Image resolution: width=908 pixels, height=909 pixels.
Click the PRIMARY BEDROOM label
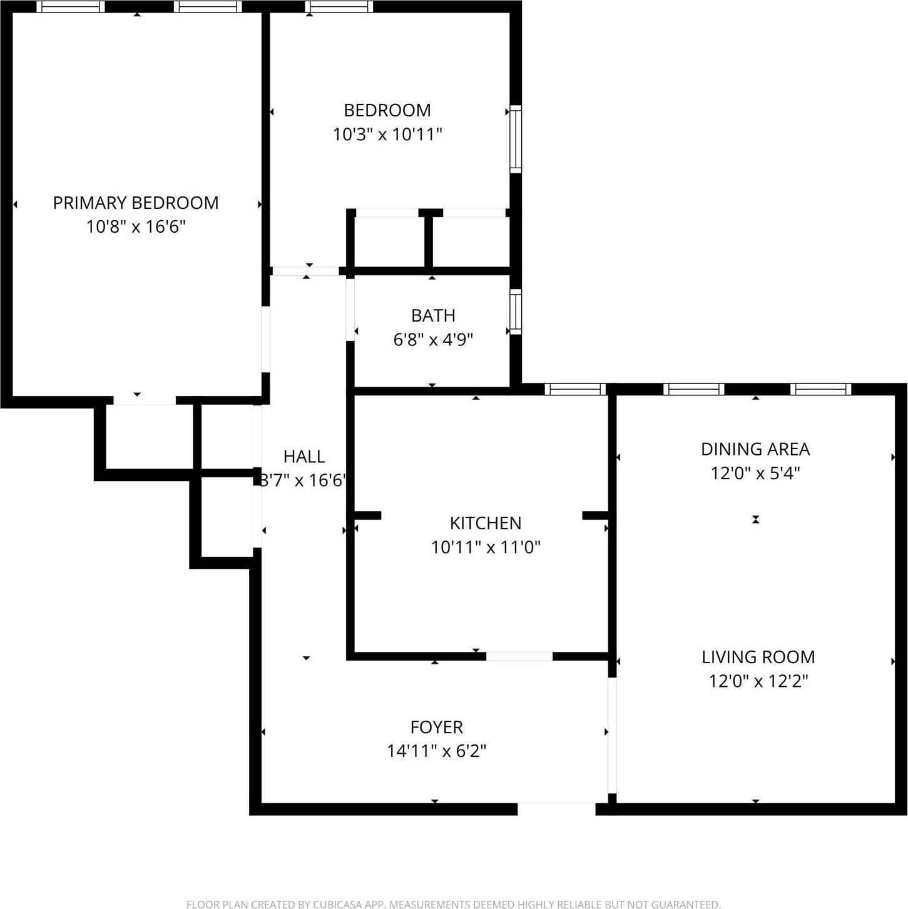136,203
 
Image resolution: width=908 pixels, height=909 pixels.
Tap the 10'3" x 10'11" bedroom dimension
387,134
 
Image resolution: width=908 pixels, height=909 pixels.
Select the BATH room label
433,315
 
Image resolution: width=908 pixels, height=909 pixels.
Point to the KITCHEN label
486,523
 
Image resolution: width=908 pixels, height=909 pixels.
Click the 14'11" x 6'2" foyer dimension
436,751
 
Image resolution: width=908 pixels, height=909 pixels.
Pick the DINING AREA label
755,449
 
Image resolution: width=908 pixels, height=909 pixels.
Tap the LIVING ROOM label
758,657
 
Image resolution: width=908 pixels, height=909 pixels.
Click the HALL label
304,457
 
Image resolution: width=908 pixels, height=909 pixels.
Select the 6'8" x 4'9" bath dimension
433,340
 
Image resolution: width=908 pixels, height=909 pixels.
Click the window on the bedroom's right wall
516,139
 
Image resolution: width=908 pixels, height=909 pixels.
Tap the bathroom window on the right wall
516,311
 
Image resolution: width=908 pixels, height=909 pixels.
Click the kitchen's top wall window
575,389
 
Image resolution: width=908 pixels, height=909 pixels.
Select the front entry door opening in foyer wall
556,808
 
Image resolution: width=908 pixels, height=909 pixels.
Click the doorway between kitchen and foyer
519,656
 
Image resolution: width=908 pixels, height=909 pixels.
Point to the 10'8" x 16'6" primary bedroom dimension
136,226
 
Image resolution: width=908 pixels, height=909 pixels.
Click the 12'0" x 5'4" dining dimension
755,474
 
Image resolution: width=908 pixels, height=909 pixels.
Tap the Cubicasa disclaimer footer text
454,904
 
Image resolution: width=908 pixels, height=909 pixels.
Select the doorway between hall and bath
350,309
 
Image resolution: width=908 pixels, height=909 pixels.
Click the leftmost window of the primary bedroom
71,7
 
